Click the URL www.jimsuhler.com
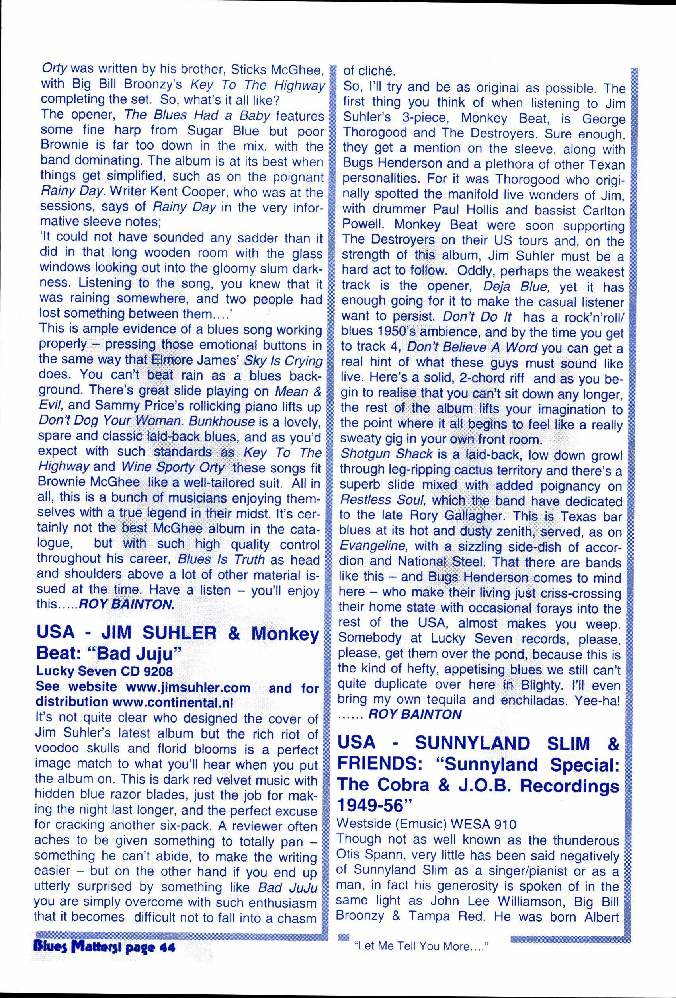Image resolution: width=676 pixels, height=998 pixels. point(188,688)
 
